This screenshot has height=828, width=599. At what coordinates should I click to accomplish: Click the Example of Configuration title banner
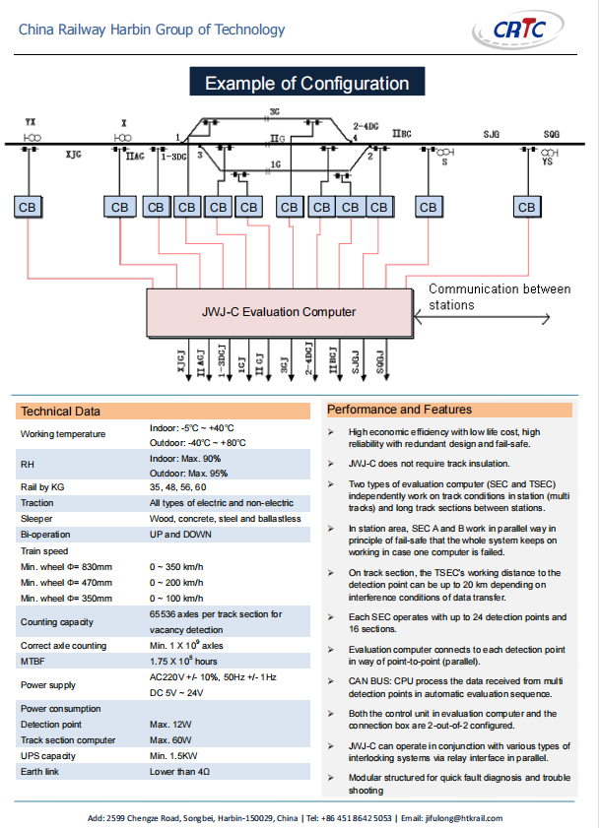tap(307, 82)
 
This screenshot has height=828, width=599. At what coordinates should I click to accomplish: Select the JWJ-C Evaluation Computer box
tap(280, 312)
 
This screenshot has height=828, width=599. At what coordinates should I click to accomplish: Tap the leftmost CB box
tap(28, 207)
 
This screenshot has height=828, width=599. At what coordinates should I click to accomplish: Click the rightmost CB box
tap(527, 207)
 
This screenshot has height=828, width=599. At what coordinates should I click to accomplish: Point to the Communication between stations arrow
tap(482, 318)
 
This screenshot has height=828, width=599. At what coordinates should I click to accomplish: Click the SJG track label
tap(492, 134)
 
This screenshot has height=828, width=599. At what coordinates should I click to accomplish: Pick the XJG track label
tap(74, 155)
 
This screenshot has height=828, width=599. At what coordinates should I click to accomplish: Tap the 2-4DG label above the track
tap(366, 126)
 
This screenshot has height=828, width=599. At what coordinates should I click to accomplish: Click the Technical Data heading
tap(60, 412)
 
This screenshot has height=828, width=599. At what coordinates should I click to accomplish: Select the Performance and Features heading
tap(399, 410)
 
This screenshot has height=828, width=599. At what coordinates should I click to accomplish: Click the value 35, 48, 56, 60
tap(177, 487)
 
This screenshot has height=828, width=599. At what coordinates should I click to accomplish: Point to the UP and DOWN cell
tap(180, 535)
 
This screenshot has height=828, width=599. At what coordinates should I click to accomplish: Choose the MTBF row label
tap(33, 662)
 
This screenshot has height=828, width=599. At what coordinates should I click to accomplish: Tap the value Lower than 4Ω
tap(179, 772)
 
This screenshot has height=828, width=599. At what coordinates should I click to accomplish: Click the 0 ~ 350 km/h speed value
tap(176, 567)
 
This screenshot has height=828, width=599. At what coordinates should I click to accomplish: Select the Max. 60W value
tap(170, 739)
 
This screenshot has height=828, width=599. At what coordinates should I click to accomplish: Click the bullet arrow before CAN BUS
tap(331, 681)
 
